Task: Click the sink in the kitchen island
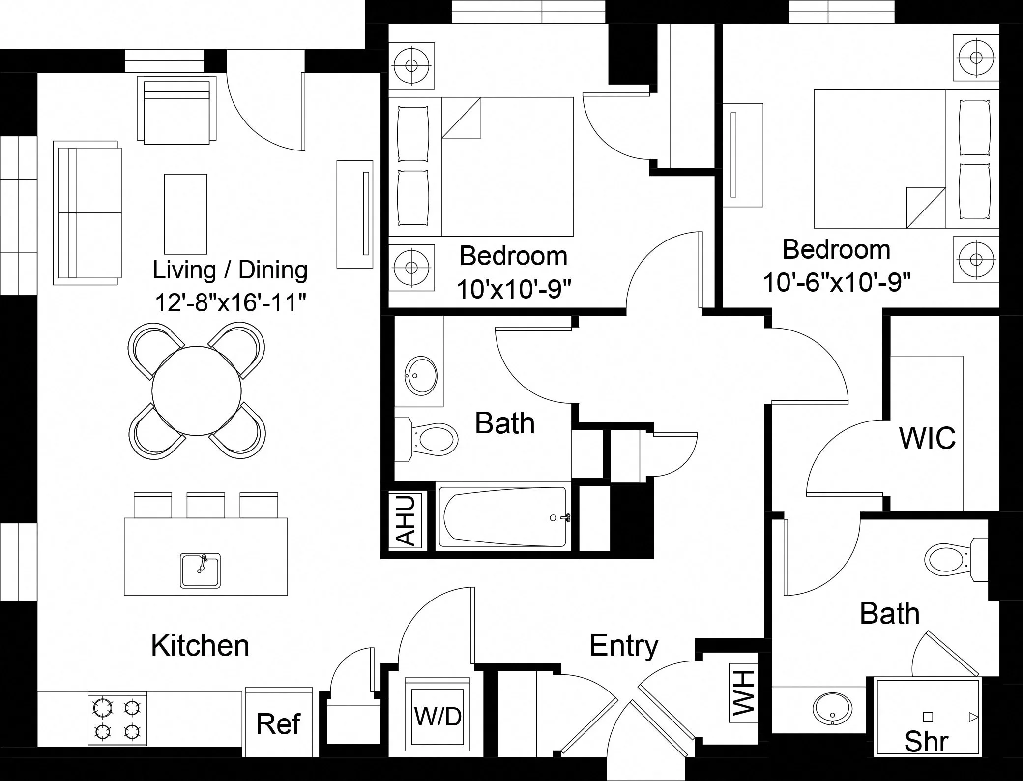(x=200, y=570)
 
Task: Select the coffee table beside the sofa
(x=185, y=213)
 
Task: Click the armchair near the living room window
(x=176, y=110)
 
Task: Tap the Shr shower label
(x=926, y=741)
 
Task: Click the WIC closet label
(x=927, y=437)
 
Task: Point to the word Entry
(x=623, y=645)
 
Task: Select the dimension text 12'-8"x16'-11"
(x=231, y=302)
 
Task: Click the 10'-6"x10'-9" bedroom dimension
(x=837, y=282)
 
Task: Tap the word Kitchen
(x=200, y=645)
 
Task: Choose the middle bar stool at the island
(x=205, y=505)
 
